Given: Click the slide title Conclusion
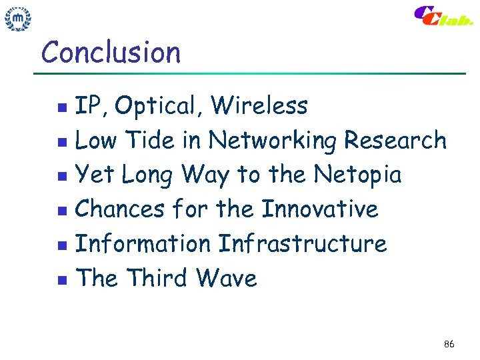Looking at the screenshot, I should pyautogui.click(x=111, y=52).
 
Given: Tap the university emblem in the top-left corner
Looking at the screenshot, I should pyautogui.click(x=18, y=19).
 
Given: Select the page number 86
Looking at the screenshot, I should pyautogui.click(x=449, y=344).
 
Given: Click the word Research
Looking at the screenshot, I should pyautogui.click(x=395, y=141).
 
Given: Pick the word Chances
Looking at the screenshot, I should pyautogui.click(x=119, y=209).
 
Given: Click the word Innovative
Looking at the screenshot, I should pyautogui.click(x=319, y=209).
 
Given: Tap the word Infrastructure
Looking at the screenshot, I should pyautogui.click(x=302, y=244).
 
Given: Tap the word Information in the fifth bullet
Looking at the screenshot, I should pyautogui.click(x=143, y=244).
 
